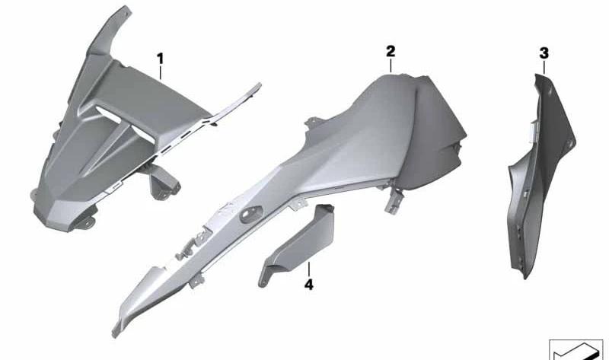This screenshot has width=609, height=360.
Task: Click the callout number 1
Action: tap(160, 59)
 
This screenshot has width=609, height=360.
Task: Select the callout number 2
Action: tap(391, 51)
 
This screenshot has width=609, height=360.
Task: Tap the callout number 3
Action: tap(544, 53)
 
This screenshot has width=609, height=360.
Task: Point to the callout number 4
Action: tap(308, 285)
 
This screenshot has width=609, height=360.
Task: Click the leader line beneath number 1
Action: tap(161, 73)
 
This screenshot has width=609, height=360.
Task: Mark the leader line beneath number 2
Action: tap(391, 65)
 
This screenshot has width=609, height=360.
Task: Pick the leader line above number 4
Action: tap(309, 269)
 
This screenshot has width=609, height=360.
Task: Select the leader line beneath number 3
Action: tap(544, 67)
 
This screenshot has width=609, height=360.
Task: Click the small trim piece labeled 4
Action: tap(297, 244)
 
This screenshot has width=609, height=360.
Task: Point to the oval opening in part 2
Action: tap(251, 215)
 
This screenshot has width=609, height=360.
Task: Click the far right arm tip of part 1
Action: tap(258, 84)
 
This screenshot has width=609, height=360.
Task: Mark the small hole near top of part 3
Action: tap(549, 92)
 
